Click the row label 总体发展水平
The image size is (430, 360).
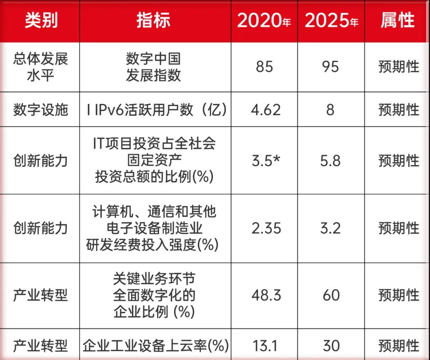click(x=41, y=67)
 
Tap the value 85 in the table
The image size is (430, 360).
click(x=264, y=67)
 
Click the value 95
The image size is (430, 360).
click(x=330, y=67)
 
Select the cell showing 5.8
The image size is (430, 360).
click(x=330, y=161)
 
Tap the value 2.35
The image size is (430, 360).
click(x=266, y=228)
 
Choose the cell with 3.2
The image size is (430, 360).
click(x=330, y=228)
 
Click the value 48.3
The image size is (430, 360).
click(x=266, y=296)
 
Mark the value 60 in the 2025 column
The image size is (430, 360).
click(x=331, y=296)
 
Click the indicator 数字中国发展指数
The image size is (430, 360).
click(x=153, y=67)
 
